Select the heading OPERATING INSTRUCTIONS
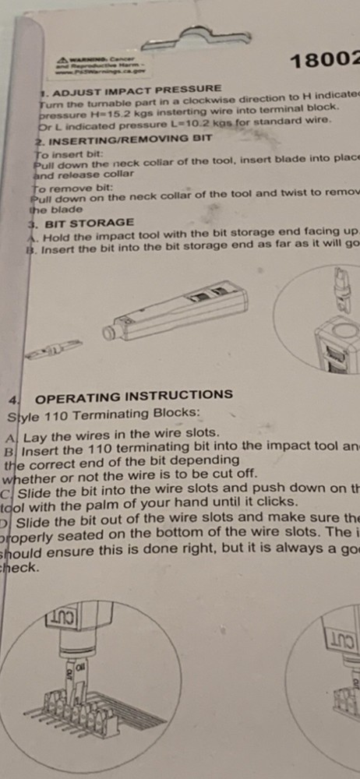133,395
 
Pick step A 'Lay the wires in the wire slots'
117,436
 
